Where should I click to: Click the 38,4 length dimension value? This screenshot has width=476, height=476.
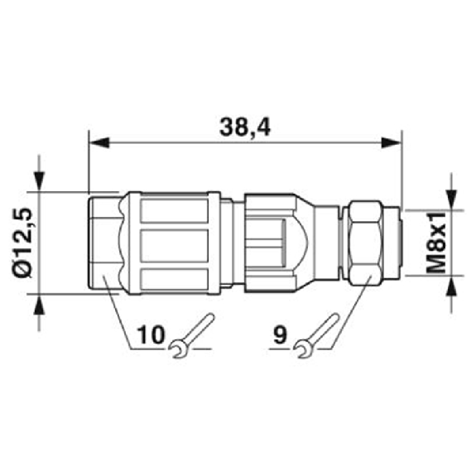click(x=245, y=127)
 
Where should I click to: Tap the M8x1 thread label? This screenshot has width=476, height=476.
click(x=436, y=243)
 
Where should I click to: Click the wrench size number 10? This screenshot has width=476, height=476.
click(x=151, y=334)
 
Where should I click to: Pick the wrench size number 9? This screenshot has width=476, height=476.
click(x=280, y=334)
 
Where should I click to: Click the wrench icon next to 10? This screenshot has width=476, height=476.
click(x=192, y=336)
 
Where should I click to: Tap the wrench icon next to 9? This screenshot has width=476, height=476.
click(x=316, y=336)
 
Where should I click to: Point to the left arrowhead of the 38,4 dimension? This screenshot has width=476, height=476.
click(x=99, y=142)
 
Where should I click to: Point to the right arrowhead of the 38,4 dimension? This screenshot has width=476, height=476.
click(x=392, y=142)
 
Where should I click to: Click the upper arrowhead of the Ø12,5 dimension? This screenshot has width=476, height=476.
click(x=40, y=181)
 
